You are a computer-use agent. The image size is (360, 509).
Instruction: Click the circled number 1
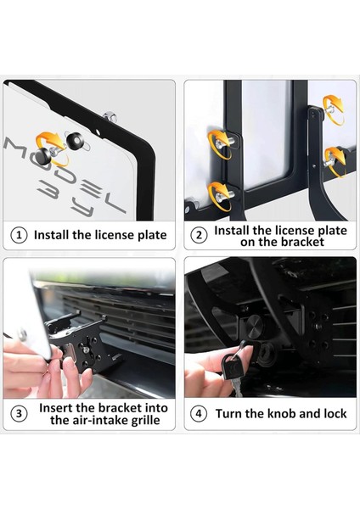[x=19, y=235]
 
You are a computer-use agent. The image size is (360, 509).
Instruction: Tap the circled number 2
[x=199, y=235]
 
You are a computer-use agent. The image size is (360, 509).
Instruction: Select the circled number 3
[x=19, y=414]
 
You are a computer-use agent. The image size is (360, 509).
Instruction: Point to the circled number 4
[x=199, y=414]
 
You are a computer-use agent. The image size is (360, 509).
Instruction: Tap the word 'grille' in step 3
[x=145, y=421]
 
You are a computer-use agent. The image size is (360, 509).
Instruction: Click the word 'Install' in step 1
[x=52, y=235]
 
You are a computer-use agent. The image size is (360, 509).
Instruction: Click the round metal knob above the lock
[x=254, y=324]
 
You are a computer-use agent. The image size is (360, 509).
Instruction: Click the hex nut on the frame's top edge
[x=110, y=116]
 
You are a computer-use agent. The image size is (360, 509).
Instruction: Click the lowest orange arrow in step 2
[x=220, y=196]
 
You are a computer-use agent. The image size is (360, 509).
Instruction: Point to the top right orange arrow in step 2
[x=335, y=109]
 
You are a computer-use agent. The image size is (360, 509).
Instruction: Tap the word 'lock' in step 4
[x=335, y=414]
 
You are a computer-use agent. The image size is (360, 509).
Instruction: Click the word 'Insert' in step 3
[x=56, y=408]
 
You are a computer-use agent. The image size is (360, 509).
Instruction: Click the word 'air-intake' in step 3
[x=98, y=420]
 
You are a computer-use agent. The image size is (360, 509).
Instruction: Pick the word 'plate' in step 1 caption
[x=152, y=235]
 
